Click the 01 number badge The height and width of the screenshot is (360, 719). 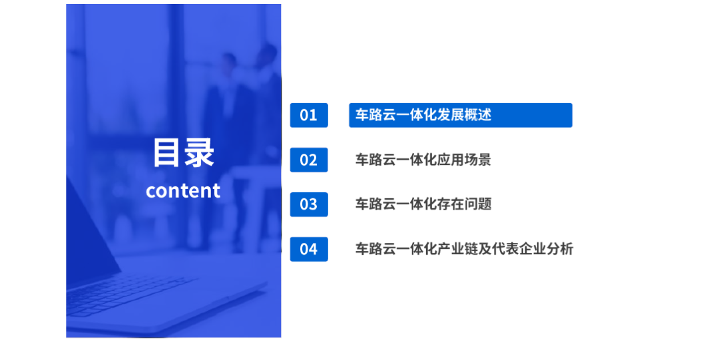309,115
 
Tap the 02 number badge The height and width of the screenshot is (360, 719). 309,160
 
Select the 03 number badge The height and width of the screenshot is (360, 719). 309,204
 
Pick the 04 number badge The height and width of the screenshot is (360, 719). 309,249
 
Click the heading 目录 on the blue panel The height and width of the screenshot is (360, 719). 184,152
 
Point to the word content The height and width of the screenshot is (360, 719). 183,191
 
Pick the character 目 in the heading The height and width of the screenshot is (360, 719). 167,152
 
